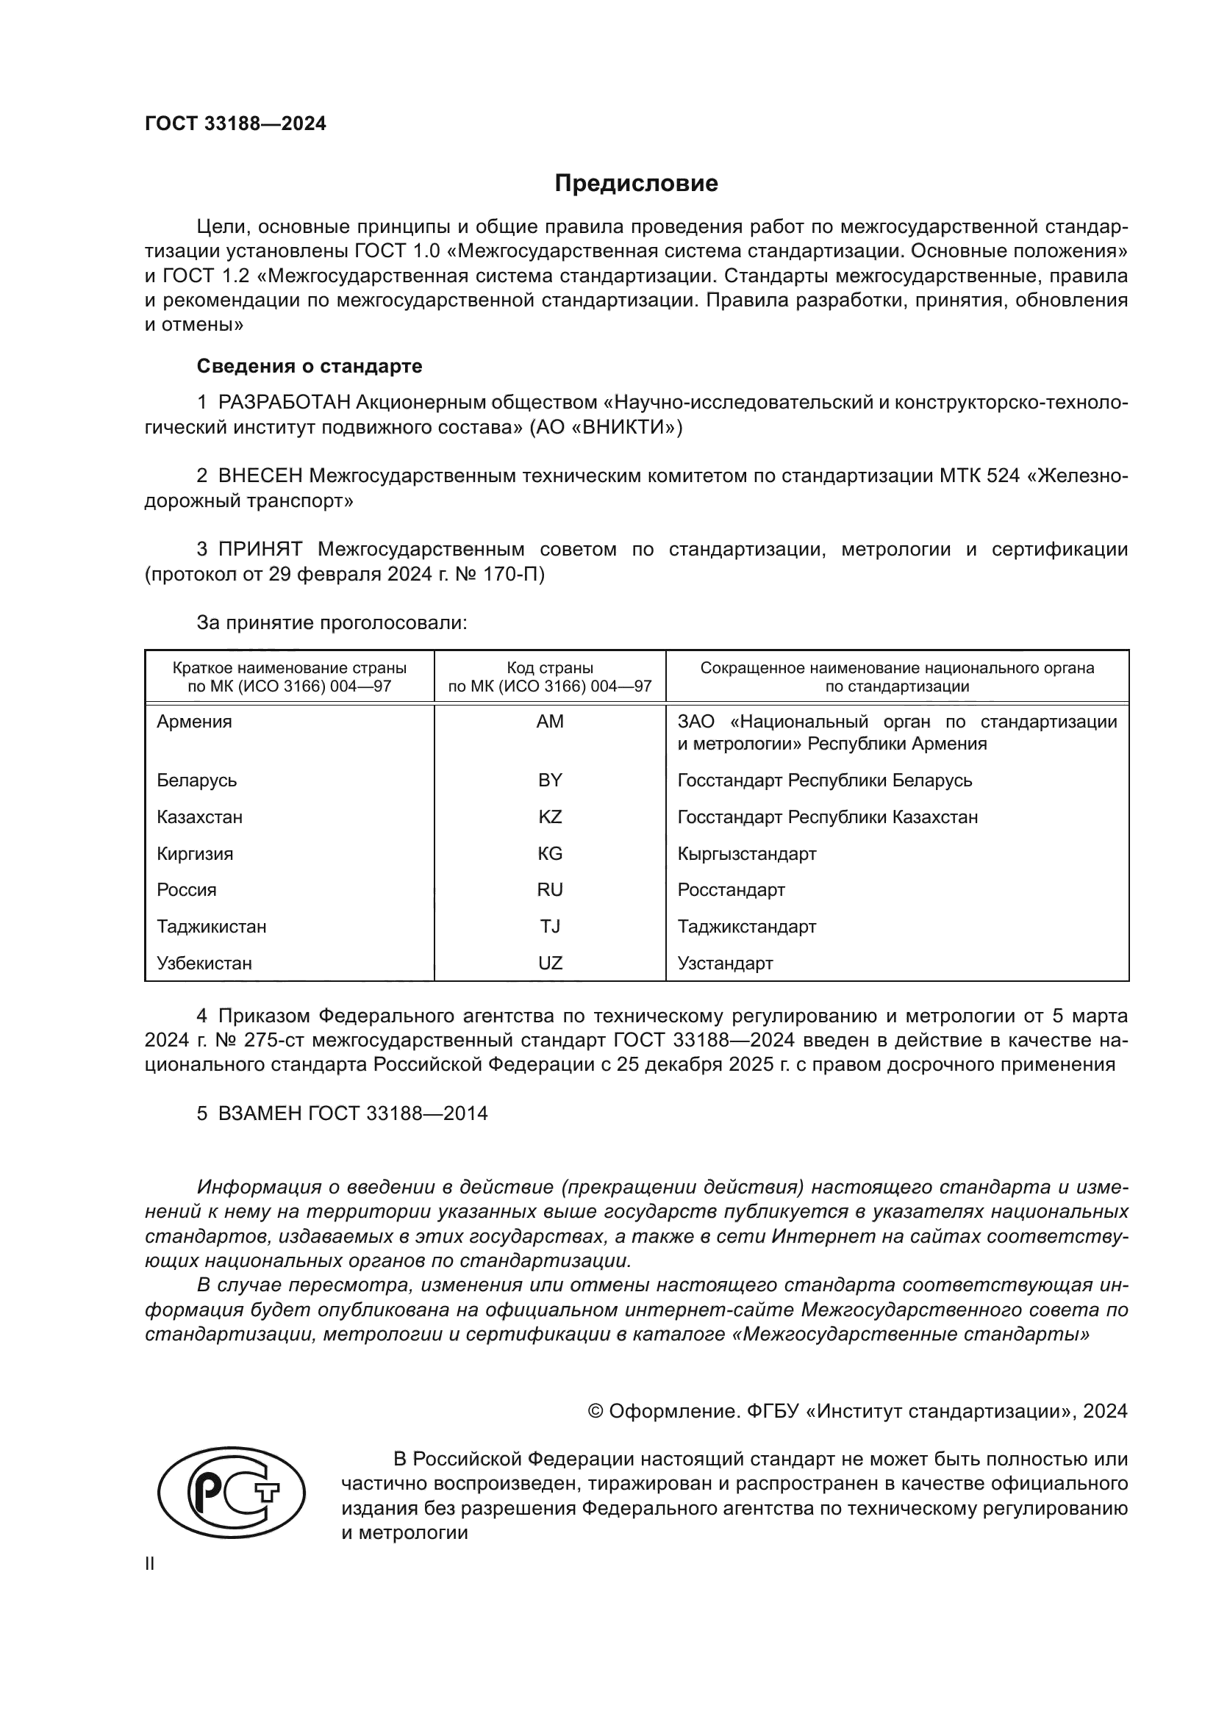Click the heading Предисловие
click(636, 184)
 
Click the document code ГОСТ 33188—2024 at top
click(235, 124)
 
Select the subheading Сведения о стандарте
click(310, 366)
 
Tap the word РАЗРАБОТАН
click(284, 403)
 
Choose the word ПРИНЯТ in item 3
click(260, 550)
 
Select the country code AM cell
click(550, 722)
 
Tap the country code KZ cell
click(550, 817)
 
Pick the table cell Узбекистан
click(204, 963)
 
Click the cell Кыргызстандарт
click(746, 853)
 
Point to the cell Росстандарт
click(731, 890)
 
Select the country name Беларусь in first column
click(196, 780)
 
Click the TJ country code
click(550, 927)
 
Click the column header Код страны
click(550, 668)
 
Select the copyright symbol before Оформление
click(596, 1411)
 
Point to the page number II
click(150, 1564)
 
